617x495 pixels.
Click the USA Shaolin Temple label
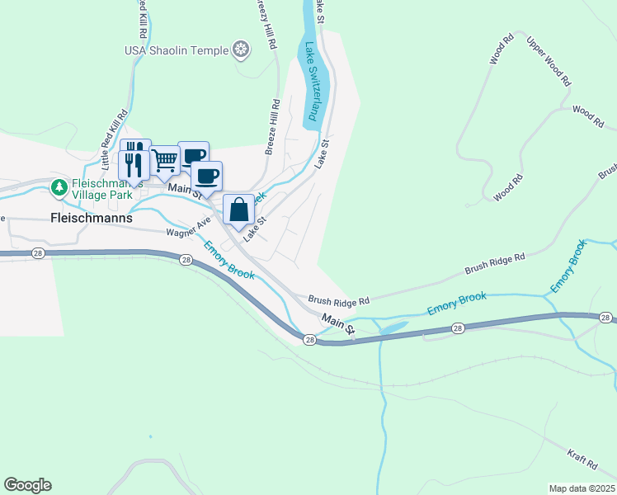point(177,50)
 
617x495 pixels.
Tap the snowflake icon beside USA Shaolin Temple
point(241,50)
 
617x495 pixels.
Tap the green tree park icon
point(59,188)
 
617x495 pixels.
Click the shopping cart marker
point(165,161)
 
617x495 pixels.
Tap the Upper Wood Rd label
point(549,62)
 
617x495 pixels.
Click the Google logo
point(27,485)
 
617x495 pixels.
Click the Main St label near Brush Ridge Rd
point(337,323)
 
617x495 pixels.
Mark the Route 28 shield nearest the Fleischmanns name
point(38,255)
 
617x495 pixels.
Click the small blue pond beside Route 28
point(391,328)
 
